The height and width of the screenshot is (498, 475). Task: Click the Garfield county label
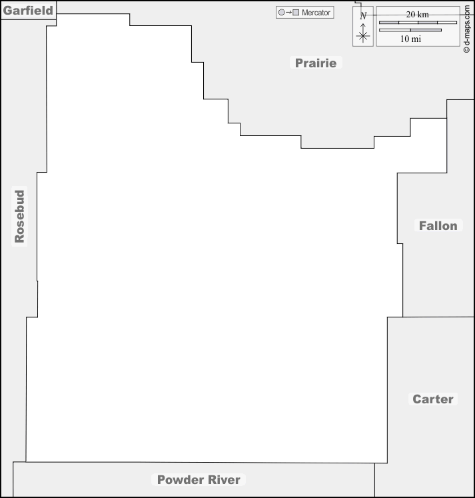point(28,11)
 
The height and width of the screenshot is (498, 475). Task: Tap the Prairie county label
point(316,63)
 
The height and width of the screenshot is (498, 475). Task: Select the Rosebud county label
point(19,216)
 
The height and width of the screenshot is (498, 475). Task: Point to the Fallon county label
point(438,225)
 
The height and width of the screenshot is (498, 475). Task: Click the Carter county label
point(433,399)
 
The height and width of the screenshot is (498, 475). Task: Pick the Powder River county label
point(199,479)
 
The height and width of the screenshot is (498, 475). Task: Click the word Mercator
point(316,13)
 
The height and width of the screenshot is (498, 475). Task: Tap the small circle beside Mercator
point(281,13)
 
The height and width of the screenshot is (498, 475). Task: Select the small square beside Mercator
point(296,13)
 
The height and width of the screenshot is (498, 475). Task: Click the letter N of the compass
point(363,15)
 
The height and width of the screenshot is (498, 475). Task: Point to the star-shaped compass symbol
point(363,35)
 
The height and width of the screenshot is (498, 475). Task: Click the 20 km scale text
point(417,14)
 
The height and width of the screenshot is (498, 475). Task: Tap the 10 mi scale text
point(410,39)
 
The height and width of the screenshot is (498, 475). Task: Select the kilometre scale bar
point(418,23)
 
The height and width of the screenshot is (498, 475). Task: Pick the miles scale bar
point(410,30)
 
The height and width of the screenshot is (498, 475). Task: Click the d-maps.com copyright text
point(466,29)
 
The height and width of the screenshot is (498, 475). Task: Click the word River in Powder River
point(224,479)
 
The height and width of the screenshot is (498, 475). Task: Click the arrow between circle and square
point(288,13)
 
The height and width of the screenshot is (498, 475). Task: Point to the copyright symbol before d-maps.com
point(466,50)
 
